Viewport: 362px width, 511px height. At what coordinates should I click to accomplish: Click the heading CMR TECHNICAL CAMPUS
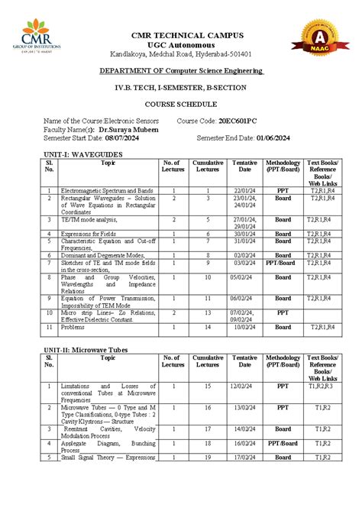(x=187, y=35)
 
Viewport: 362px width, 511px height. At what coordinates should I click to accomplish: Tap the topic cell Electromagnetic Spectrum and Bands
(x=108, y=189)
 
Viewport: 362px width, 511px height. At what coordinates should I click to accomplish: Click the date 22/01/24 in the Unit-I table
(x=244, y=189)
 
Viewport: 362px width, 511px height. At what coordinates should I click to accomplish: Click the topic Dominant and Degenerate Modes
(x=102, y=255)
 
